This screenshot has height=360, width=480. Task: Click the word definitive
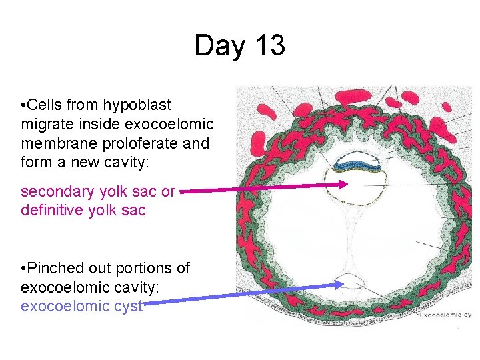tap(51, 211)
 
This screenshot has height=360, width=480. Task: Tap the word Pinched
tap(57, 268)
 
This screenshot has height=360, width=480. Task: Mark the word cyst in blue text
tap(127, 307)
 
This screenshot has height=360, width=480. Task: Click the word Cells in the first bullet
tap(47, 105)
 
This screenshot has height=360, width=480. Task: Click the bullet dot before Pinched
tap(24, 269)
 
